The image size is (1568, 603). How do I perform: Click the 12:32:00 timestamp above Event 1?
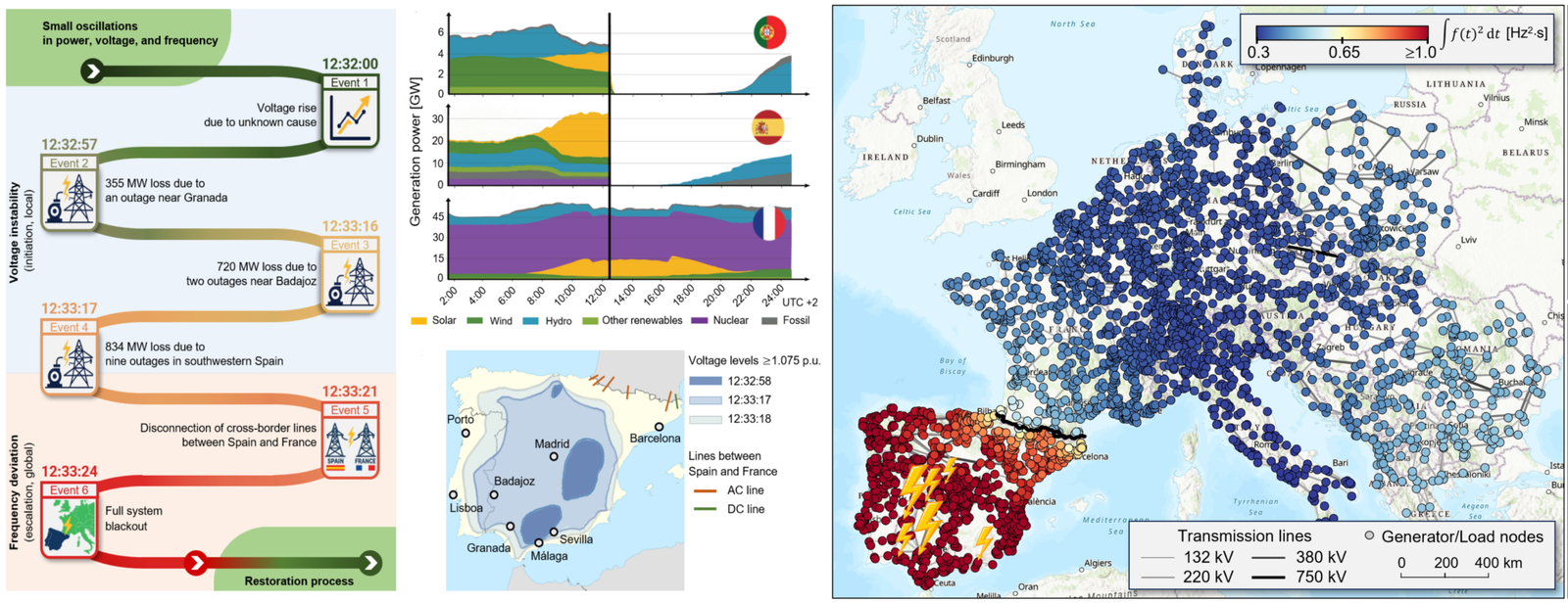click(350, 65)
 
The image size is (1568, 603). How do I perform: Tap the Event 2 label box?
click(69, 163)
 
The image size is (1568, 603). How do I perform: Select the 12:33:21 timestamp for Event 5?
click(350, 392)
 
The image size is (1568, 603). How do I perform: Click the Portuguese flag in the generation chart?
click(770, 32)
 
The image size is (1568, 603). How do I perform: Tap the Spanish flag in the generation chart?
click(768, 127)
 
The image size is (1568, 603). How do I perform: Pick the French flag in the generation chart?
click(769, 223)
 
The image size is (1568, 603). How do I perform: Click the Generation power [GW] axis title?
click(416, 152)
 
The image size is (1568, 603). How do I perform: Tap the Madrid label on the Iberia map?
click(552, 443)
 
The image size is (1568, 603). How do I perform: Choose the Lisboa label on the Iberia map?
click(466, 508)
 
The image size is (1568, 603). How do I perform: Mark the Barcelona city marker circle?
click(660, 427)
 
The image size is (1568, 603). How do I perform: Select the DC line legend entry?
click(745, 509)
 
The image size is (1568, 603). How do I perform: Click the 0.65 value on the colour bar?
click(1344, 53)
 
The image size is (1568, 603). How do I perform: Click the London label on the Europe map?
click(1043, 193)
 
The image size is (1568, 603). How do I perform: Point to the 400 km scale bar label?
click(1498, 563)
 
